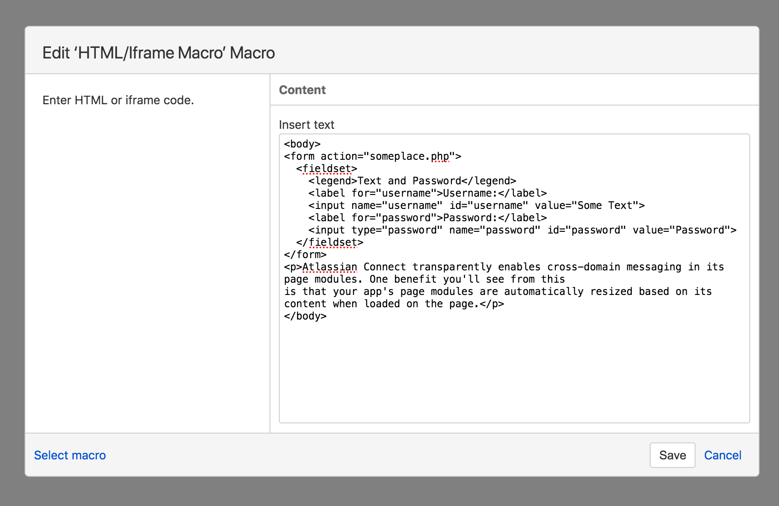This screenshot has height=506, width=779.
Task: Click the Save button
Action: (x=672, y=455)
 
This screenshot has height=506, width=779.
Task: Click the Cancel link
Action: (x=723, y=455)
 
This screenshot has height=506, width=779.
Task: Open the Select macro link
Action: (x=70, y=455)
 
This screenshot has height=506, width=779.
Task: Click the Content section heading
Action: (x=302, y=90)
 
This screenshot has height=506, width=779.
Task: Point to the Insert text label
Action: (x=306, y=125)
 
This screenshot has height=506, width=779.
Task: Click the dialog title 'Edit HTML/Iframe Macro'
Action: (x=159, y=53)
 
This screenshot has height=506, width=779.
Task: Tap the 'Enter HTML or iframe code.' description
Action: (x=118, y=100)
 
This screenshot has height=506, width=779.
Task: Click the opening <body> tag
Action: (x=302, y=144)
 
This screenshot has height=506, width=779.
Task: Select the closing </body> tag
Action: (x=305, y=316)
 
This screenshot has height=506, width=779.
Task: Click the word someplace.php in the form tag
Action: (x=409, y=156)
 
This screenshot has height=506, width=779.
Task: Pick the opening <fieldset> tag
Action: (x=326, y=169)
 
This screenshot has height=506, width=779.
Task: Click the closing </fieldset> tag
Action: (x=330, y=242)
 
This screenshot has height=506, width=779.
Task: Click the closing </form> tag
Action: (x=305, y=255)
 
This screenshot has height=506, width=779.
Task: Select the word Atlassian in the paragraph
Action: (x=329, y=267)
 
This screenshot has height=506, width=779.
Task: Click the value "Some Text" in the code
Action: (x=608, y=206)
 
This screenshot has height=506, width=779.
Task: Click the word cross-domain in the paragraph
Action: (x=584, y=267)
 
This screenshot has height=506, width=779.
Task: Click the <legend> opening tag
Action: (x=333, y=181)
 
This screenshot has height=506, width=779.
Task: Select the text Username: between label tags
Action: (x=470, y=193)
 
